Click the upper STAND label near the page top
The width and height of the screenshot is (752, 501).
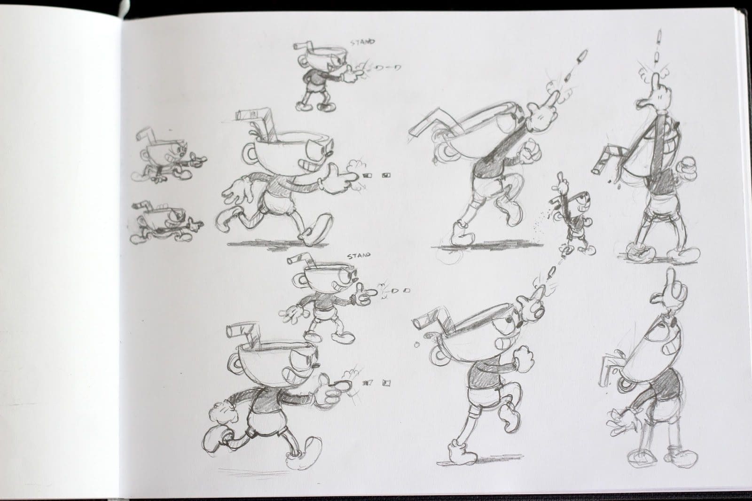[363, 43]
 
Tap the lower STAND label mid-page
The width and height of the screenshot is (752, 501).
[359, 256]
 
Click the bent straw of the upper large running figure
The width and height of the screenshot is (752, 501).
[255, 119]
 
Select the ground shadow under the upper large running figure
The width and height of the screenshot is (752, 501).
[275, 244]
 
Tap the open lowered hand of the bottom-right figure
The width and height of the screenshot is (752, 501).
[625, 420]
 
